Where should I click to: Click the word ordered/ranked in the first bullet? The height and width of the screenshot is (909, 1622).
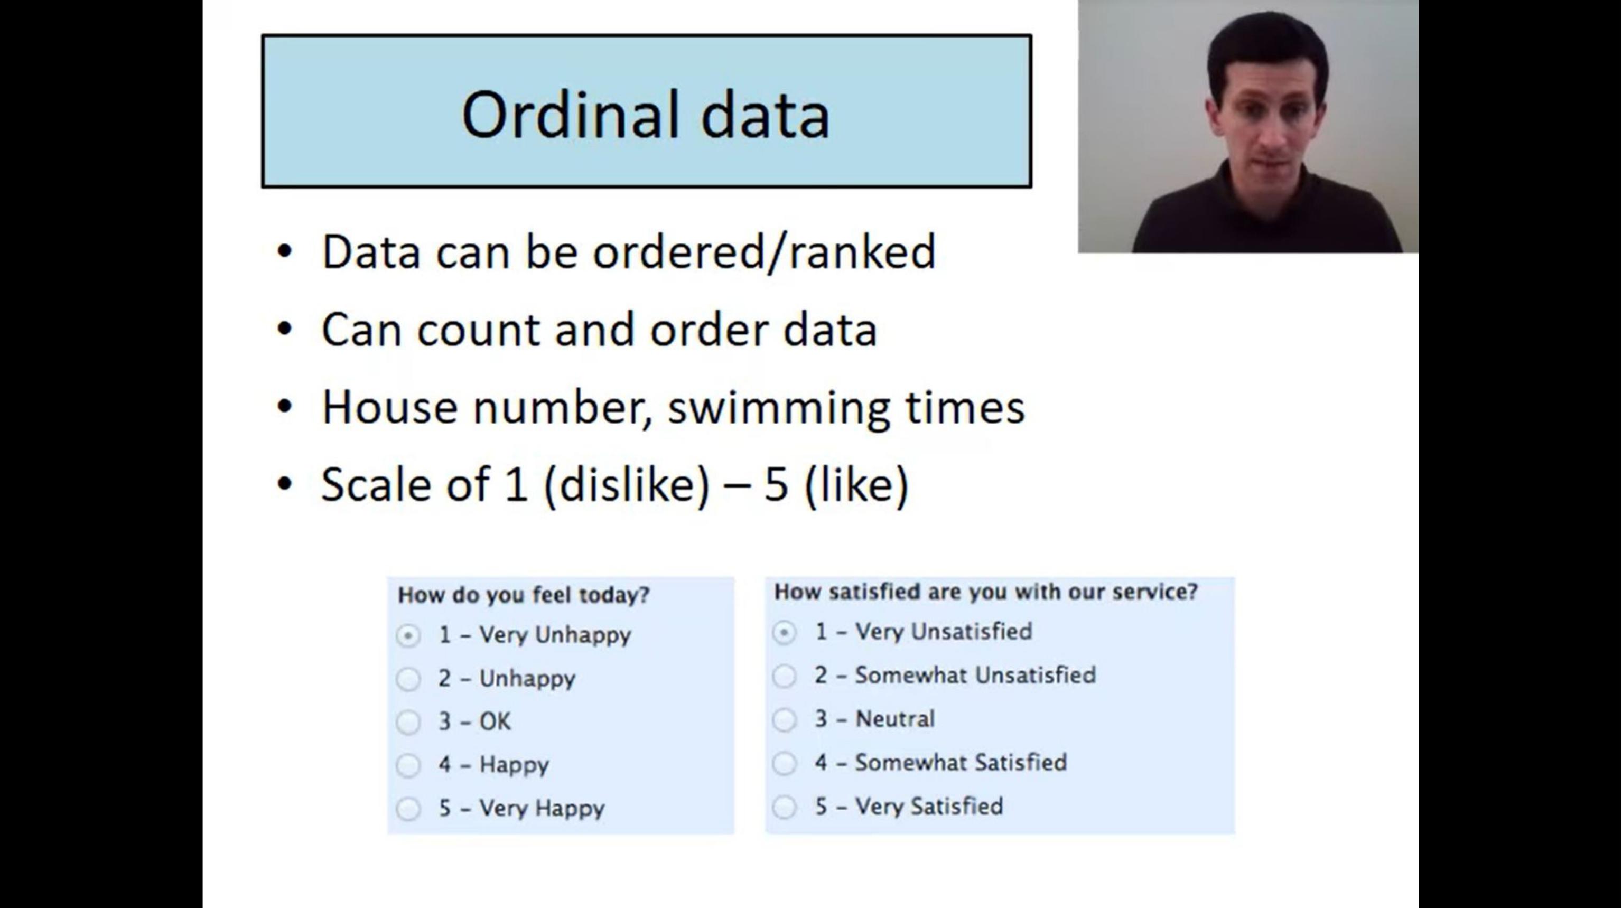(x=765, y=252)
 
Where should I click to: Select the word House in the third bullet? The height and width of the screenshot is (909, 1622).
(x=390, y=407)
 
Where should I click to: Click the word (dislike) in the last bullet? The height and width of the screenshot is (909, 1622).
(x=627, y=485)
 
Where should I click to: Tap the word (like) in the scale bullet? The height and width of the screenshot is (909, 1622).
(x=856, y=485)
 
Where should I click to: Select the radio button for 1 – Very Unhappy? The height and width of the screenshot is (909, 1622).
(x=408, y=636)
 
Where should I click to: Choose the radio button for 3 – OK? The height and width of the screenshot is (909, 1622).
(x=408, y=723)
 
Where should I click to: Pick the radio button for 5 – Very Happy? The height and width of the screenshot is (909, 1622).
(x=408, y=809)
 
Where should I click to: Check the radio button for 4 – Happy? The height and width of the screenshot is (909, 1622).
(x=408, y=765)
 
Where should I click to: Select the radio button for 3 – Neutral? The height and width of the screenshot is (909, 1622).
(x=785, y=719)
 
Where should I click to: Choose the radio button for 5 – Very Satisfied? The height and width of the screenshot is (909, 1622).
(x=785, y=807)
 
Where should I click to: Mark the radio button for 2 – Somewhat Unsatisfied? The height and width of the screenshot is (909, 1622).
(x=785, y=676)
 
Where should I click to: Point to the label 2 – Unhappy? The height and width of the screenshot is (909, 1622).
(x=507, y=679)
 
